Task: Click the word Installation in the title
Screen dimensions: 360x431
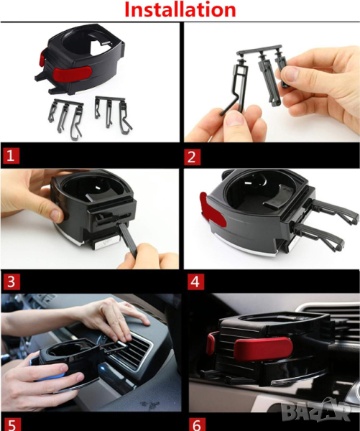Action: tap(180, 9)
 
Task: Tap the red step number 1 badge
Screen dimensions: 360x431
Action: tap(11, 156)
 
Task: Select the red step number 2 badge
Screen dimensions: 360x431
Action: tap(192, 157)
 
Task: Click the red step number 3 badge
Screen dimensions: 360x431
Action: tap(11, 282)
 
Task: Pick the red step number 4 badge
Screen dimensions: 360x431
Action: tap(195, 282)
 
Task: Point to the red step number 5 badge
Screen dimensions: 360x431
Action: tap(11, 425)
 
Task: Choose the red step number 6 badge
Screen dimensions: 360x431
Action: tap(197, 425)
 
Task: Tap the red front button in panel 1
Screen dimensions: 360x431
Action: tap(72, 74)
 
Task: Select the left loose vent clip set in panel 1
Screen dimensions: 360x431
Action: tap(65, 119)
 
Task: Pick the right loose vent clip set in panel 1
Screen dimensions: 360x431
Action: tap(113, 114)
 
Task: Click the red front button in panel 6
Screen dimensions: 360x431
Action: tap(263, 349)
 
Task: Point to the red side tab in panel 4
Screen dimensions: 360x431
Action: tap(212, 210)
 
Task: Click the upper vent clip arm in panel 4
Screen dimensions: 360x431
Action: tap(334, 210)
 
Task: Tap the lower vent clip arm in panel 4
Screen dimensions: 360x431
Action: tap(319, 236)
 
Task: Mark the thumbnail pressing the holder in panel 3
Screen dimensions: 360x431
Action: tap(57, 214)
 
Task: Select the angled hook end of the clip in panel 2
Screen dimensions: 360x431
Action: tap(229, 107)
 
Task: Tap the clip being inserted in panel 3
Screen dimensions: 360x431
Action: tap(128, 238)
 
